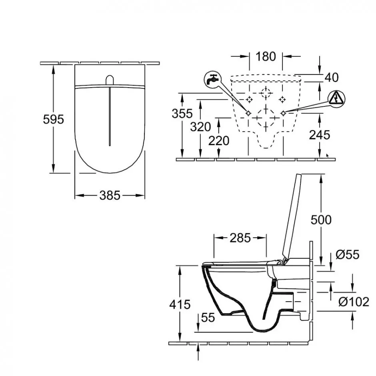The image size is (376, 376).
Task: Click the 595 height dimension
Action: coord(54,119)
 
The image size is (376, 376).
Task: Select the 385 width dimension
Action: coord(110,196)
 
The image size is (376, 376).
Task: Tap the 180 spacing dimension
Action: coord(266,56)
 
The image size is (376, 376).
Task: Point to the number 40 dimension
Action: coord(332,77)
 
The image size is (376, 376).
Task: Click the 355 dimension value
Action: coord(182,114)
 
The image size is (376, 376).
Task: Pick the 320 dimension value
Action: coord(200,127)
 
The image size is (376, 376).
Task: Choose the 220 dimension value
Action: coord(219,140)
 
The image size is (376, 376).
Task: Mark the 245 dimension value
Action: coord(320,135)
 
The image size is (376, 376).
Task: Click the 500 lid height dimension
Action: coord(321,220)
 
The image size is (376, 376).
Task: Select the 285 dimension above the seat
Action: coord(240,238)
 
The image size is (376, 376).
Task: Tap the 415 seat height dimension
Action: coord(180,304)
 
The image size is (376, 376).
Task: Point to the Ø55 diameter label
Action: coord(348,254)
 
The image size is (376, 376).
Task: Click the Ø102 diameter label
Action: coord(354,302)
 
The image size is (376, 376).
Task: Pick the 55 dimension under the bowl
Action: coord(208,318)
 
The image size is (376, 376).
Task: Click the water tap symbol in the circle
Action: coord(213,80)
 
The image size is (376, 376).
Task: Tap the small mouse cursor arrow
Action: coord(328,156)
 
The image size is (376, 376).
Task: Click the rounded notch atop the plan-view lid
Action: coord(110,80)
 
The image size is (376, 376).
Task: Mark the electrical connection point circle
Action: coord(283,113)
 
